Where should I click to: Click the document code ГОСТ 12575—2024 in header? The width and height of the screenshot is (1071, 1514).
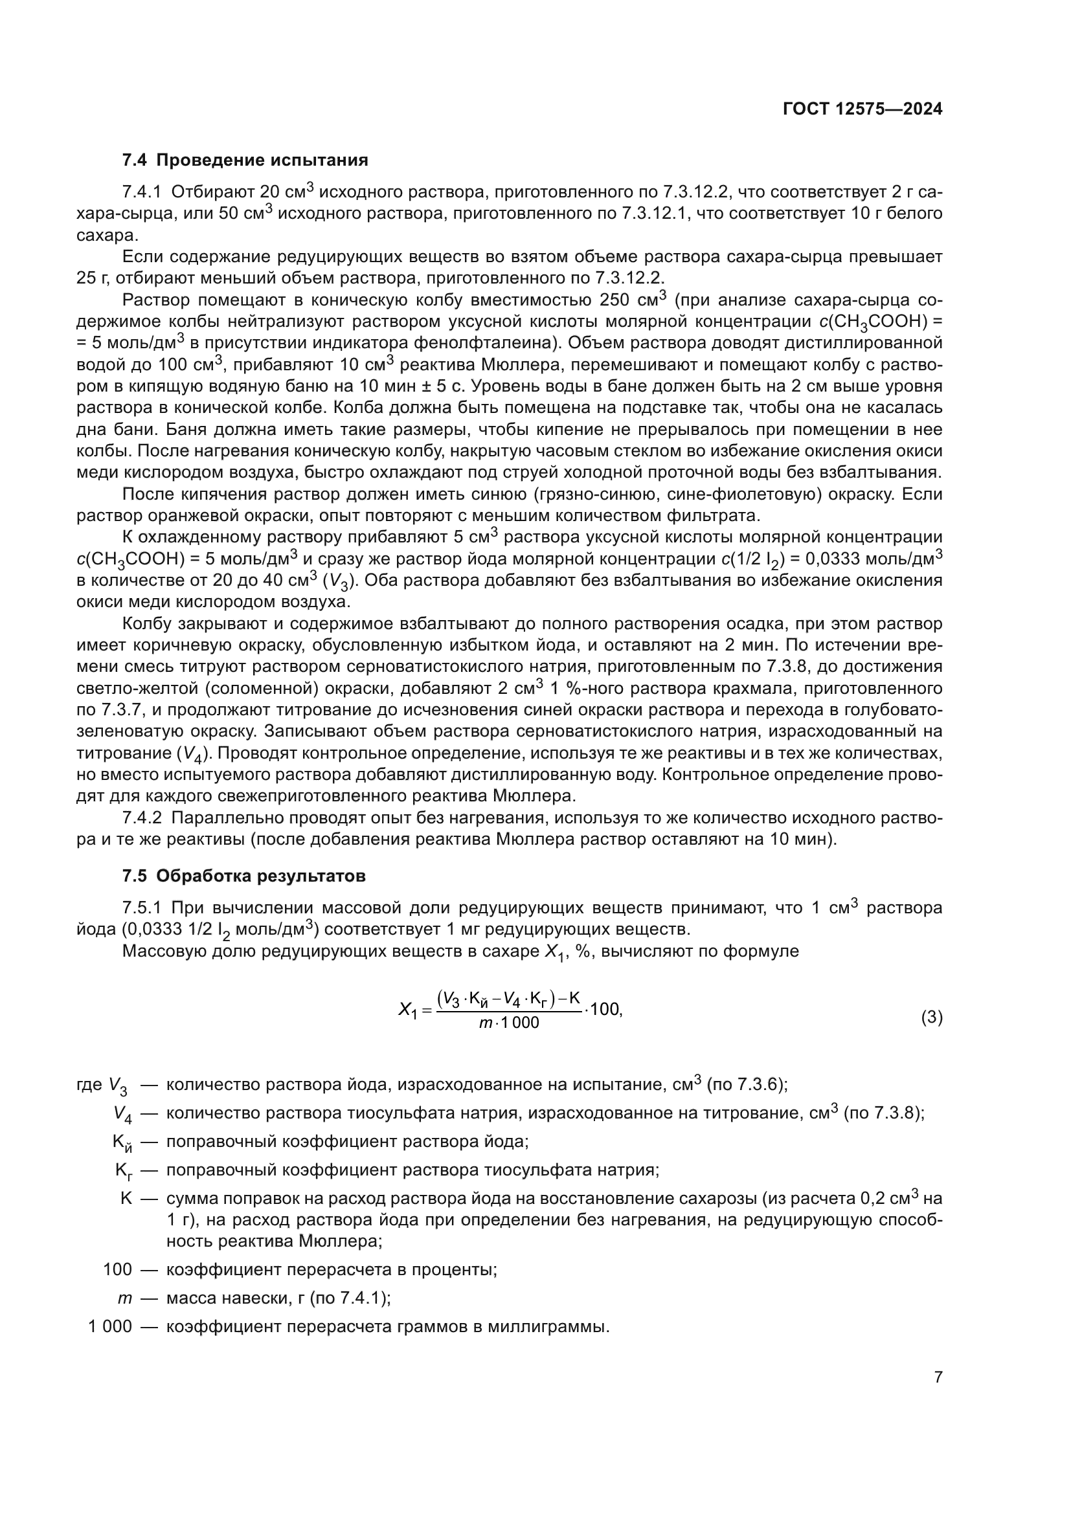tap(862, 109)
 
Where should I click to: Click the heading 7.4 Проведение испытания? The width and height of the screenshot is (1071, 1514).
tap(245, 161)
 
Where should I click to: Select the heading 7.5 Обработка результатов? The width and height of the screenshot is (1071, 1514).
tap(243, 876)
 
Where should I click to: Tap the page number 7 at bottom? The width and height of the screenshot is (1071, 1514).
tap(938, 1377)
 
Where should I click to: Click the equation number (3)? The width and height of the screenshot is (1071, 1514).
tap(931, 1018)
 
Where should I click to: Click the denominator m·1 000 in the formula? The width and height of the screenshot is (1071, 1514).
tap(508, 1023)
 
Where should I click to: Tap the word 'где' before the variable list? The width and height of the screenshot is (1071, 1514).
tap(89, 1085)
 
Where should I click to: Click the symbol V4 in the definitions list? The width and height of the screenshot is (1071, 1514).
tap(122, 1115)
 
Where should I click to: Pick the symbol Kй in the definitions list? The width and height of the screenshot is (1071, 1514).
tap(122, 1143)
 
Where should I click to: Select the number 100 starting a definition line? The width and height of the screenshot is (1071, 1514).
tap(117, 1269)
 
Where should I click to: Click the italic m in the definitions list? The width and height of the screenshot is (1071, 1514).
tap(124, 1298)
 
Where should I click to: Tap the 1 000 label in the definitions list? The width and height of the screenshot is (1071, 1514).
tap(110, 1327)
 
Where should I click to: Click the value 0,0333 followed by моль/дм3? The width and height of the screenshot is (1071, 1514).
tap(832, 559)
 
